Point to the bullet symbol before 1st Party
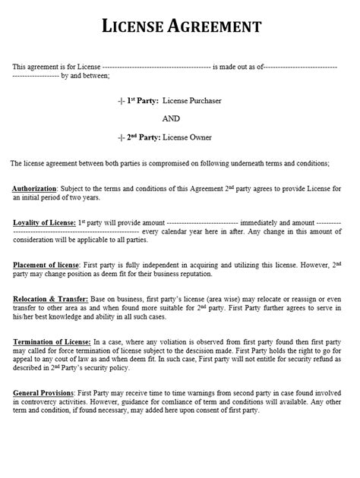coord(121,100)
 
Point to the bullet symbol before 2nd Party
coord(121,137)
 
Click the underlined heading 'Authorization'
coord(35,187)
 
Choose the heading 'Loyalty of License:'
coord(43,222)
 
